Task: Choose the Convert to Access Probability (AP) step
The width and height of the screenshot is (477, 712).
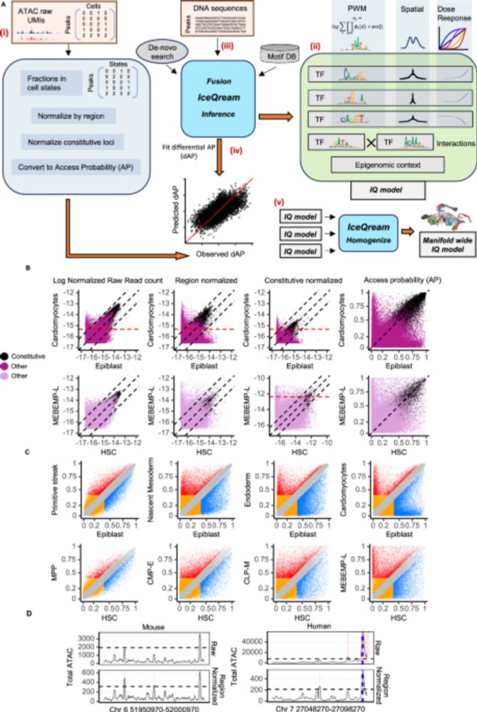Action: pos(73,149)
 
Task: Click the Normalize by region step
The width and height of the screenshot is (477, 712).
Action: pos(73,112)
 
